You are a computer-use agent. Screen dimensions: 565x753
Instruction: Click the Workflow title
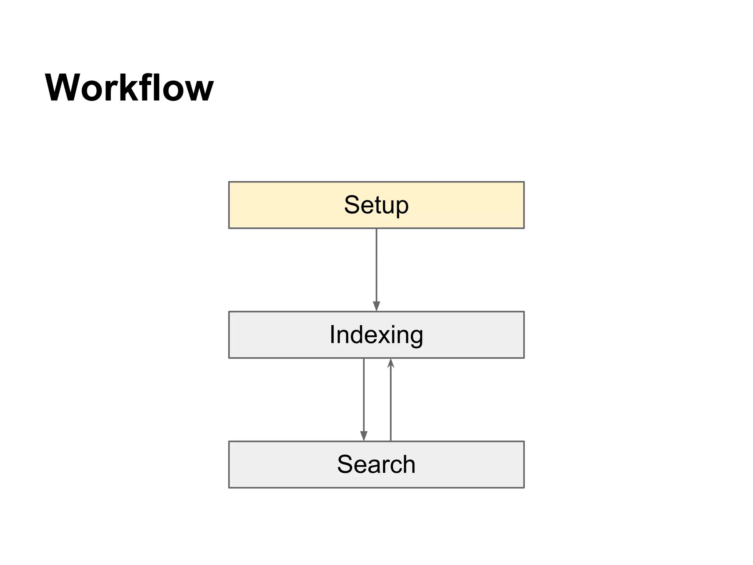click(129, 88)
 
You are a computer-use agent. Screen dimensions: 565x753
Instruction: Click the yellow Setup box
click(376, 205)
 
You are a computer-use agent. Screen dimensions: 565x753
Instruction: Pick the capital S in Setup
click(352, 205)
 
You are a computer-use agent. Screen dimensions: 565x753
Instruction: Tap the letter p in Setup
click(402, 207)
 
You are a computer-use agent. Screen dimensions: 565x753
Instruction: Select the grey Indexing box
click(376, 335)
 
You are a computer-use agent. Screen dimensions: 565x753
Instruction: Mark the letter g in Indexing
click(416, 337)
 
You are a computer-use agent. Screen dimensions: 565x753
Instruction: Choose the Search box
click(376, 464)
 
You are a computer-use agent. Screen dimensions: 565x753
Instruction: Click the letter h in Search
click(408, 464)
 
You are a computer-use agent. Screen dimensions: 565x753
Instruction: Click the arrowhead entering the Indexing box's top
click(376, 306)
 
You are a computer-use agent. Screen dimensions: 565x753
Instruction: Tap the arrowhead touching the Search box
click(364, 436)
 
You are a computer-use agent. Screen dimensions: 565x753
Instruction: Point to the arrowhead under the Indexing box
click(390, 363)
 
